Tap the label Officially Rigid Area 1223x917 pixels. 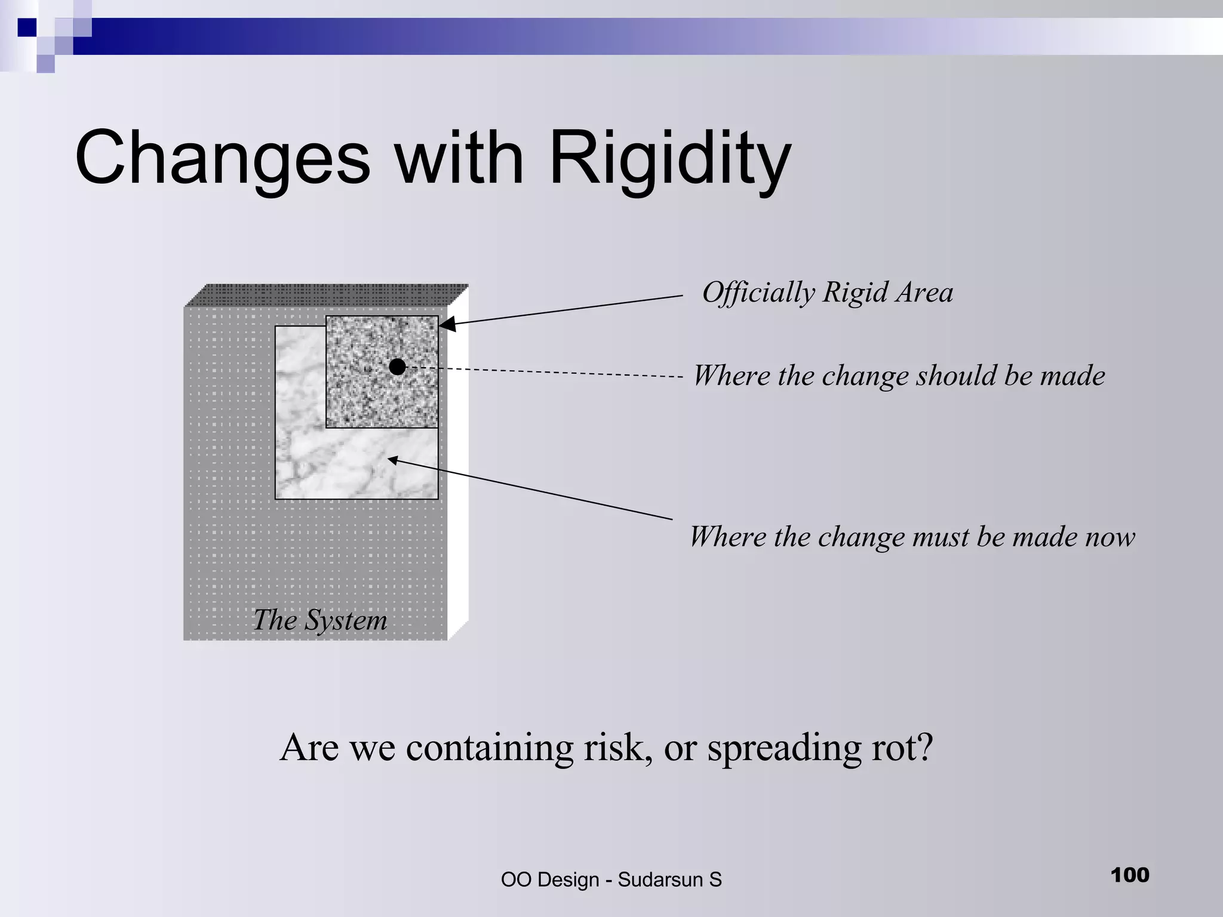tap(827, 293)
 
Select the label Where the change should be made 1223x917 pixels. tap(899, 376)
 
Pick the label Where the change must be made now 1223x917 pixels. tap(912, 537)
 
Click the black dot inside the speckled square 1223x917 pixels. tap(397, 367)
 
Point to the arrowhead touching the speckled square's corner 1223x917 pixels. tap(447, 324)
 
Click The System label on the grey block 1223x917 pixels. tap(320, 620)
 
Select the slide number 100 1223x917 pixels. tap(1130, 875)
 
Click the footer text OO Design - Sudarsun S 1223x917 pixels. tap(611, 879)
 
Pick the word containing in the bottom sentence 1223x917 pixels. tap(489, 747)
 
